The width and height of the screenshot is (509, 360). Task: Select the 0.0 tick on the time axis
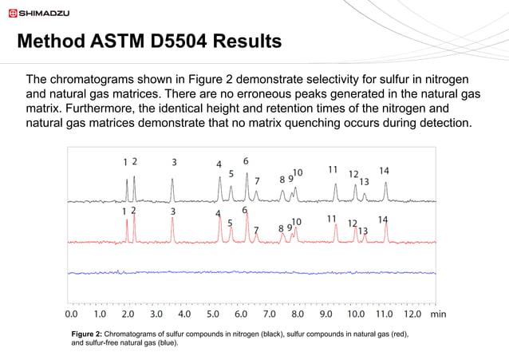71,314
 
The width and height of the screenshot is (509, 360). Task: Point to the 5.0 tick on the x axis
213,314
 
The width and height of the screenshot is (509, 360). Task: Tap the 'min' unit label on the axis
438,314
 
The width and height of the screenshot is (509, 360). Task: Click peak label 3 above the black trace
174,162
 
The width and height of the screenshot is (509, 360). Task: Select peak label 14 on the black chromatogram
384,171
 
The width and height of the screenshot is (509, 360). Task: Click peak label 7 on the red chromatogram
256,231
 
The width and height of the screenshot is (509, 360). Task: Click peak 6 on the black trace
247,188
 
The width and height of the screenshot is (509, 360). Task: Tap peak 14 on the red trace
386,231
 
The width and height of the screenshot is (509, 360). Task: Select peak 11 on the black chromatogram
335,192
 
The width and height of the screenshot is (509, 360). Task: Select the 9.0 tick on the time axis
326,314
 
